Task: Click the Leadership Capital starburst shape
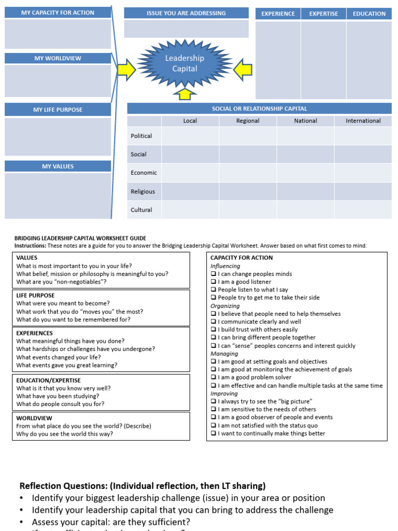[184, 63]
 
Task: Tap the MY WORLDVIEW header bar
[58, 58]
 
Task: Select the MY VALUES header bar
[58, 166]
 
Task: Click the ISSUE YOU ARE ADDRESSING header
[186, 13]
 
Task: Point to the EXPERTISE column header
[323, 13]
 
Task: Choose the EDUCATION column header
[369, 13]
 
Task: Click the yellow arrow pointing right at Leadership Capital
[126, 69]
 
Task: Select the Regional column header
[248, 121]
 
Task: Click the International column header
[363, 121]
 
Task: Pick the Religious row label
[143, 191]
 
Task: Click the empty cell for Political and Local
[190, 136]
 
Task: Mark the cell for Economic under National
[305, 173]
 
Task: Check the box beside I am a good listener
[214, 282]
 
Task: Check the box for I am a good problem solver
[214, 378]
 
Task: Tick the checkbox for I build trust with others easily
[214, 330]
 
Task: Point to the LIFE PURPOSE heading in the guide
[35, 295]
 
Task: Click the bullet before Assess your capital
[22, 522]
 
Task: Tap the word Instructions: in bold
[30, 246]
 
